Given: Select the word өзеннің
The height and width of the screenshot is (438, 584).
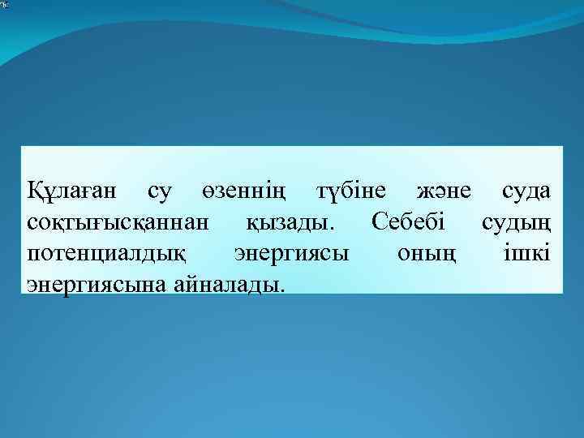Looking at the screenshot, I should pyautogui.click(x=243, y=191).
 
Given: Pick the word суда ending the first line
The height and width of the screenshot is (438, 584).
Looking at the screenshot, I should pyautogui.click(x=526, y=191).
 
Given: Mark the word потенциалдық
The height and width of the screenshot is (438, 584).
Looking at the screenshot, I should pyautogui.click(x=106, y=253).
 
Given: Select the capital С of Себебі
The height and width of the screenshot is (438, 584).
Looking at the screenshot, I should pyautogui.click(x=378, y=221).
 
